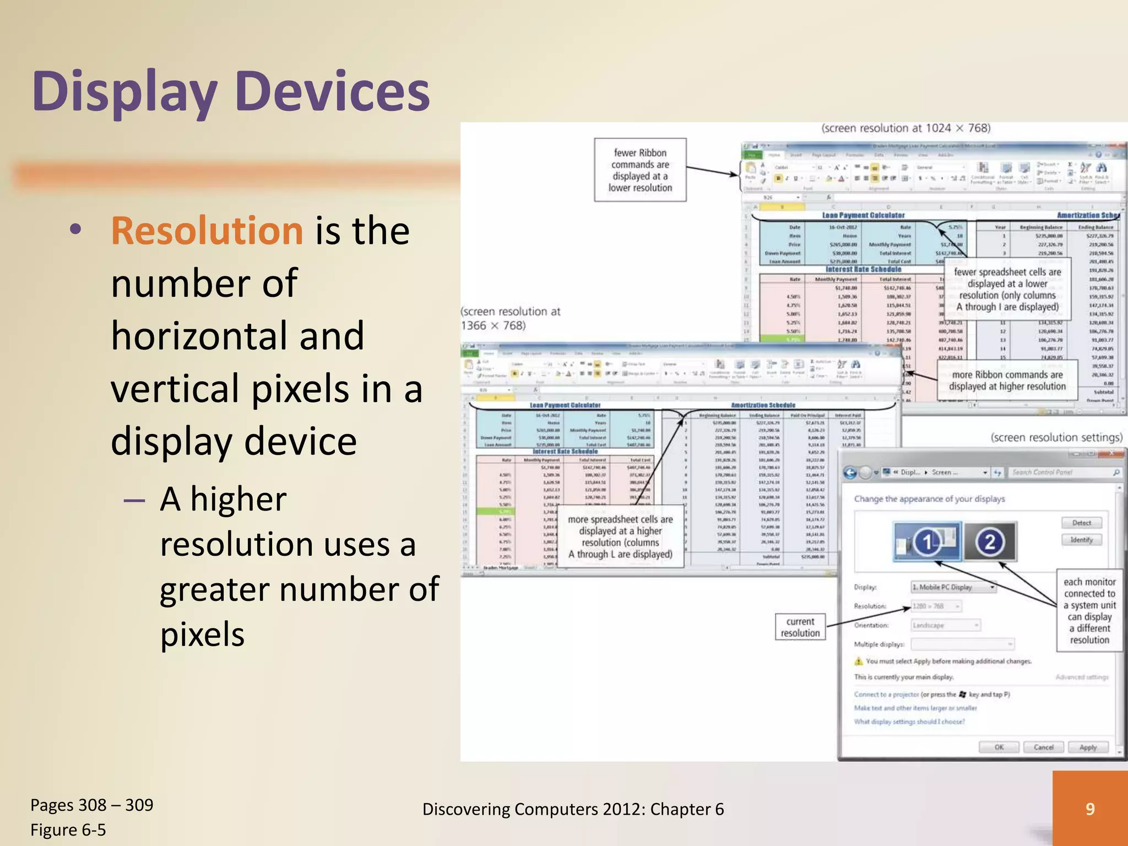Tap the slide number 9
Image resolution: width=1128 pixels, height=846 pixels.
pyautogui.click(x=1089, y=809)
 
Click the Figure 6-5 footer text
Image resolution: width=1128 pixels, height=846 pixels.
pyautogui.click(x=68, y=829)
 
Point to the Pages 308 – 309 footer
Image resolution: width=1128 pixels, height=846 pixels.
pyautogui.click(x=92, y=805)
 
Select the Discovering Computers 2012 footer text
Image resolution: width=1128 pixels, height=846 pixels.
pyautogui.click(x=573, y=809)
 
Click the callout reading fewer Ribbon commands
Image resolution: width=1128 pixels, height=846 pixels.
pyautogui.click(x=640, y=170)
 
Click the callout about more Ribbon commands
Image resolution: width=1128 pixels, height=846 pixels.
pyautogui.click(x=1007, y=380)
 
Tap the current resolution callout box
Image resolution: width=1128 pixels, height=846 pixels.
pyautogui.click(x=800, y=627)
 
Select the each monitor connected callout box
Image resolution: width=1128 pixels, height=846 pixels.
pyautogui.click(x=1089, y=610)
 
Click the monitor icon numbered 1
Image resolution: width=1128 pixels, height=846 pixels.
pyautogui.click(x=928, y=542)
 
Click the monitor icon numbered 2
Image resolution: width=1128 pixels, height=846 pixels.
pyautogui.click(x=990, y=542)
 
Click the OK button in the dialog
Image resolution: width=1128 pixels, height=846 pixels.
pyautogui.click(x=999, y=747)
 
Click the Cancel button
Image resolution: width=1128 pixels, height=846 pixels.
pyautogui.click(x=1043, y=747)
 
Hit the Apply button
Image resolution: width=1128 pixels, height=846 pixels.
pyautogui.click(x=1087, y=747)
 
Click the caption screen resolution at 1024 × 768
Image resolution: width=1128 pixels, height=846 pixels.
pyautogui.click(x=905, y=128)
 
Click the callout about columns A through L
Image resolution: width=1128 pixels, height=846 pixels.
pyautogui.click(x=620, y=536)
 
